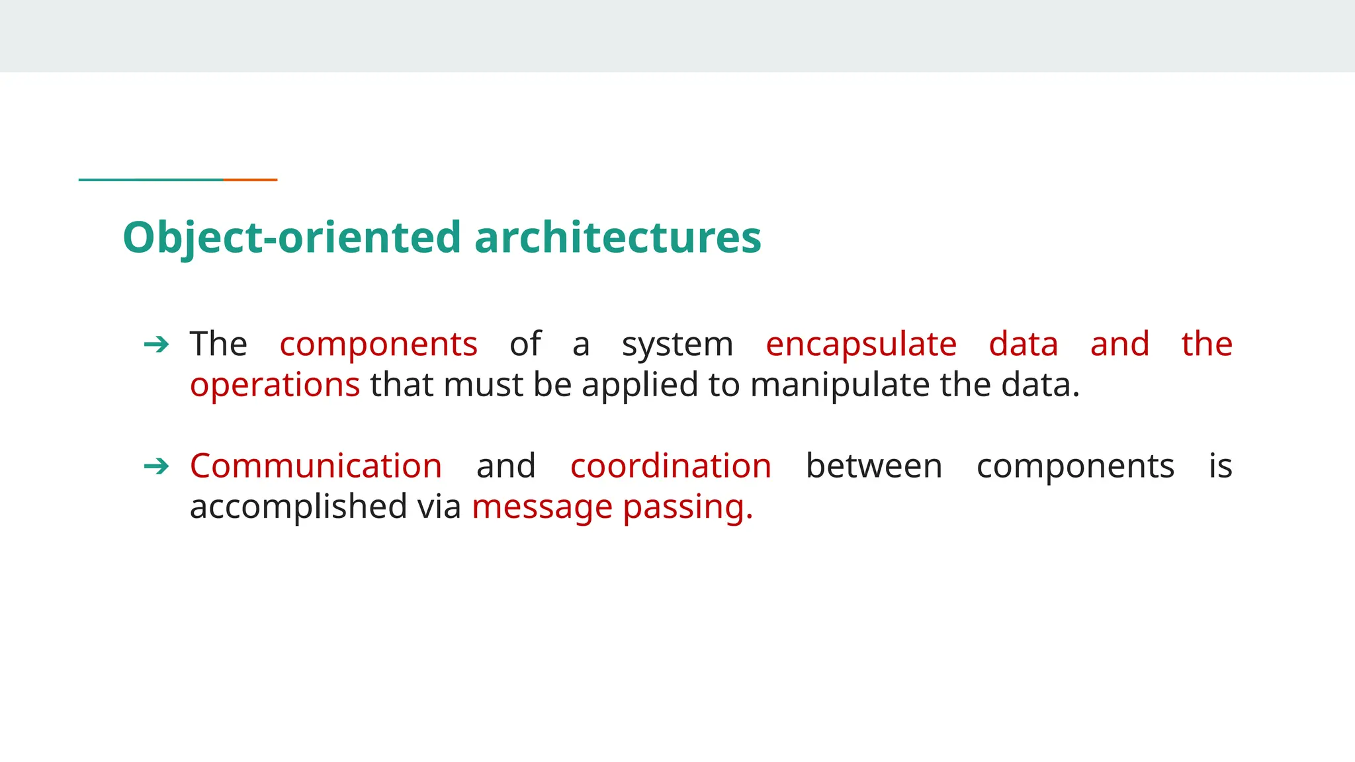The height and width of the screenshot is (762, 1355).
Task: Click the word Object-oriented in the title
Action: [x=292, y=237]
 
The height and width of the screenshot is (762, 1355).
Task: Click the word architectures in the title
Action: [x=618, y=237]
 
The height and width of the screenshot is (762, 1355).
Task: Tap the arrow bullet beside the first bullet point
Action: [x=157, y=344]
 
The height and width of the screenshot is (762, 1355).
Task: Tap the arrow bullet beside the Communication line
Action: [x=157, y=466]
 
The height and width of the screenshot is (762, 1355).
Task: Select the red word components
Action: [x=378, y=345]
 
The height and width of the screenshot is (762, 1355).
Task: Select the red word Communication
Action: [x=316, y=466]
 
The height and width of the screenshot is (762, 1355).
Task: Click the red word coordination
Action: [x=671, y=466]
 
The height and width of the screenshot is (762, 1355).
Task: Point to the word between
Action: [x=874, y=466]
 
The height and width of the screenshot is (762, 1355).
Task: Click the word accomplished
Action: [x=298, y=508]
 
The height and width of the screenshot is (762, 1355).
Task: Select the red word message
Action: [x=542, y=508]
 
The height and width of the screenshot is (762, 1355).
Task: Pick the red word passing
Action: [x=687, y=508]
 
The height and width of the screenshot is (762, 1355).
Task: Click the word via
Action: [x=439, y=507]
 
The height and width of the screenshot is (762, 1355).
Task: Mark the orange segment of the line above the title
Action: [x=250, y=179]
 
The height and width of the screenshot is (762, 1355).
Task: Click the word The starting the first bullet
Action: [x=218, y=345]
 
